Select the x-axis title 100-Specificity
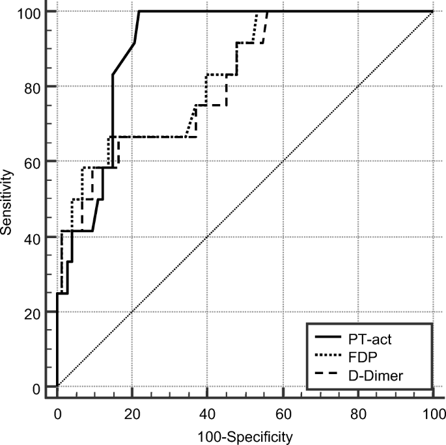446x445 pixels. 245,434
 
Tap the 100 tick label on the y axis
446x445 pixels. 31,12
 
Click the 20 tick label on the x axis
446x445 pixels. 132,413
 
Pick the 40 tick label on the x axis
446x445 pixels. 208,413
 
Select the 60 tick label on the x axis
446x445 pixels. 283,413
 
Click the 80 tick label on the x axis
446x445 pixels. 358,413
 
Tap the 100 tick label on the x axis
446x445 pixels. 433,413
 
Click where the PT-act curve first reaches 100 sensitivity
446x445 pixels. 140,11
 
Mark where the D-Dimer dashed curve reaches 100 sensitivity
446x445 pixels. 268,11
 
